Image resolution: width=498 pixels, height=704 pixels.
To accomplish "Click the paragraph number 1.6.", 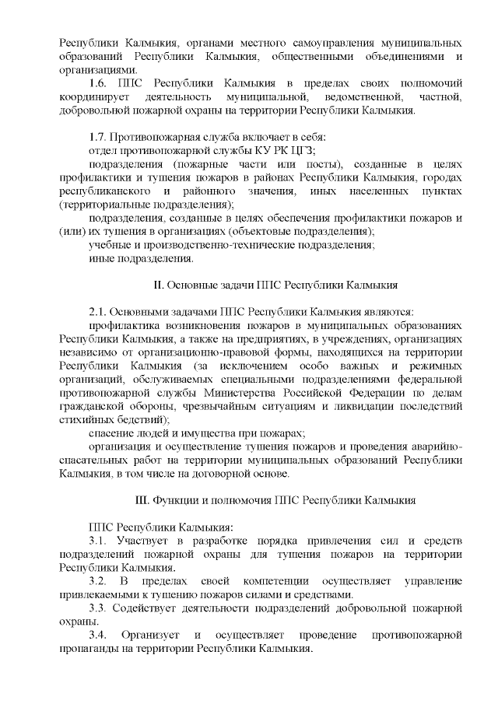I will coord(98,82).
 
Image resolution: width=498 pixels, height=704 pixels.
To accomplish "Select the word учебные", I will coord(109,245).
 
